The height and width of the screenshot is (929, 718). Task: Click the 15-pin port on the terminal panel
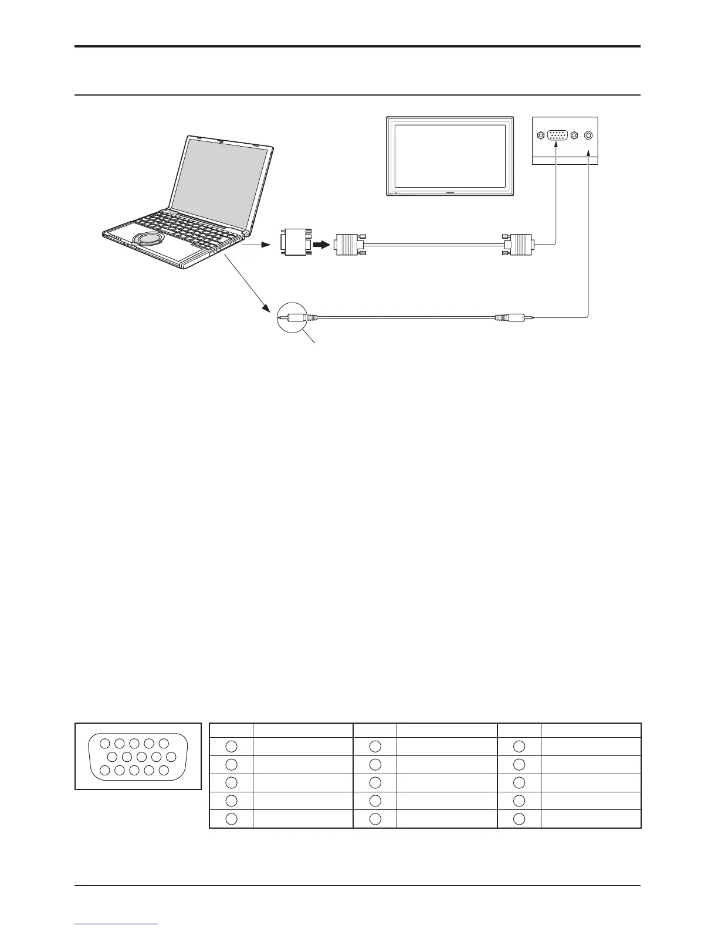557,135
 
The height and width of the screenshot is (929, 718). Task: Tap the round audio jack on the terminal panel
589,135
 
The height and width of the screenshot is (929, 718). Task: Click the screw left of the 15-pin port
540,135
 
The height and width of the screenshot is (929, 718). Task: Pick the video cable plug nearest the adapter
347,243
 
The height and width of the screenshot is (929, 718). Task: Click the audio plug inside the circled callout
297,318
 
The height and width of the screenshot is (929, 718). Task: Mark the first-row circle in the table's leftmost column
231,746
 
